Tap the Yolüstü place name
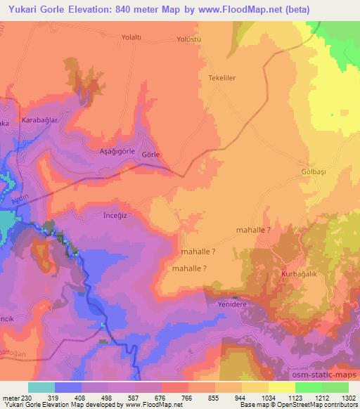[189, 39]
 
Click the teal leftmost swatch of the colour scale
[41, 387]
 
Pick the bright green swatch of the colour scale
[309, 387]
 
